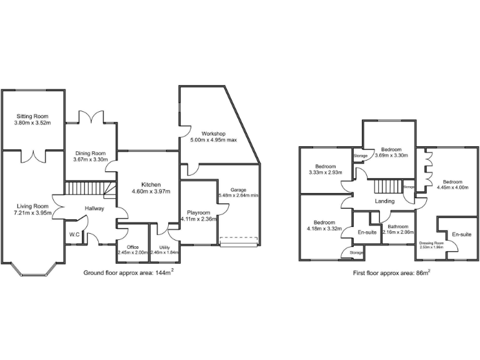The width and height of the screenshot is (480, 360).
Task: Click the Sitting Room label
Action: point(32,116)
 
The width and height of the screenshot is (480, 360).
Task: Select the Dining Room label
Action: point(91,153)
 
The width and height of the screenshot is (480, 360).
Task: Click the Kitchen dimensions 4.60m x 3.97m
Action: point(151,192)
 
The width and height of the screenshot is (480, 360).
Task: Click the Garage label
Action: point(238,189)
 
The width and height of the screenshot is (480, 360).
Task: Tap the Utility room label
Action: point(164,247)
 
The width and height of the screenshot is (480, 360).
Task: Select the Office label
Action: point(132,247)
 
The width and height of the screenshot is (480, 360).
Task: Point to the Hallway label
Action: point(91,208)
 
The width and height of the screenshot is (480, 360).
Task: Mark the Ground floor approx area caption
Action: point(128,274)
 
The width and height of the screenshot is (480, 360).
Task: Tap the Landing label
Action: point(384,201)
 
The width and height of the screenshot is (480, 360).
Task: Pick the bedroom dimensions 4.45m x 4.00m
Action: point(452,186)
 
